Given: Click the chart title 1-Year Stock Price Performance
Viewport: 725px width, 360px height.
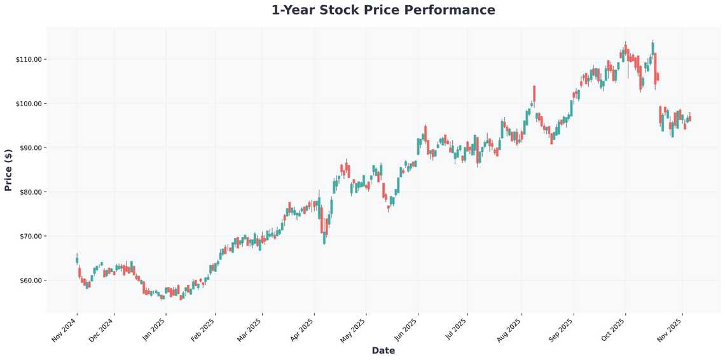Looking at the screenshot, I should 383,10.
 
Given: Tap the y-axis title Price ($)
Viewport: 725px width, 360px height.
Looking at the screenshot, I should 8,170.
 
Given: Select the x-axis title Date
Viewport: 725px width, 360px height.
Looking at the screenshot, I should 383,350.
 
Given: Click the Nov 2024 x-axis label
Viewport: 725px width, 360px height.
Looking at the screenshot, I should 64,329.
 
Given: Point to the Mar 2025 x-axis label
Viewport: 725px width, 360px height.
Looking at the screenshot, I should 249,329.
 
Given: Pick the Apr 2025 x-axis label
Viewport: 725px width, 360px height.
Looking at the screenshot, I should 301,329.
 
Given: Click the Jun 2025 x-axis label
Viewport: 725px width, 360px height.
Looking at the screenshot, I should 405,329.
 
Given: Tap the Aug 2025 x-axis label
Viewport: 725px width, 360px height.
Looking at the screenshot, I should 509,329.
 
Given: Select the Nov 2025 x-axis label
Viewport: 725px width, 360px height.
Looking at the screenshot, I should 670,329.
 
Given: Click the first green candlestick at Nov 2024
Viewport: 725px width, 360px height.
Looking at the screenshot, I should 77,260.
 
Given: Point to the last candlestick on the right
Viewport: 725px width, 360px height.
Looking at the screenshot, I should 690,118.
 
